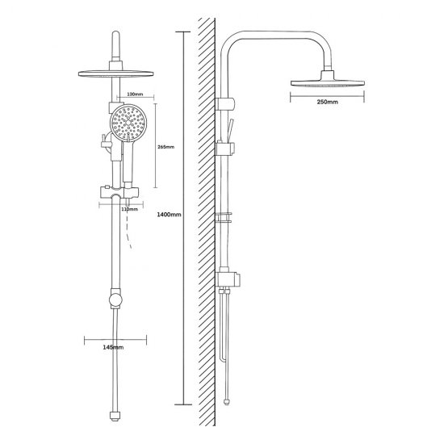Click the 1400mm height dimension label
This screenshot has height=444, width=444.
pos(169,215)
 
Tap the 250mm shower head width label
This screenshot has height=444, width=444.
pos(327,102)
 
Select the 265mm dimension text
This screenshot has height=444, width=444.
pos(166,147)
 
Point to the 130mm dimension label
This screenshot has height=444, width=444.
pos(135,94)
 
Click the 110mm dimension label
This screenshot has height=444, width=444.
pos(129,209)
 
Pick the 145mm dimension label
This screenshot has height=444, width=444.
pos(113,347)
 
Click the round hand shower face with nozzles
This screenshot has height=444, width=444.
pos(128,123)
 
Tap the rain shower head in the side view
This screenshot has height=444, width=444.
pos(327,79)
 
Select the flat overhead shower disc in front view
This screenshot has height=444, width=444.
pos(115,73)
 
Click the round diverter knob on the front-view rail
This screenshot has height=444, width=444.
pos(115,299)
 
